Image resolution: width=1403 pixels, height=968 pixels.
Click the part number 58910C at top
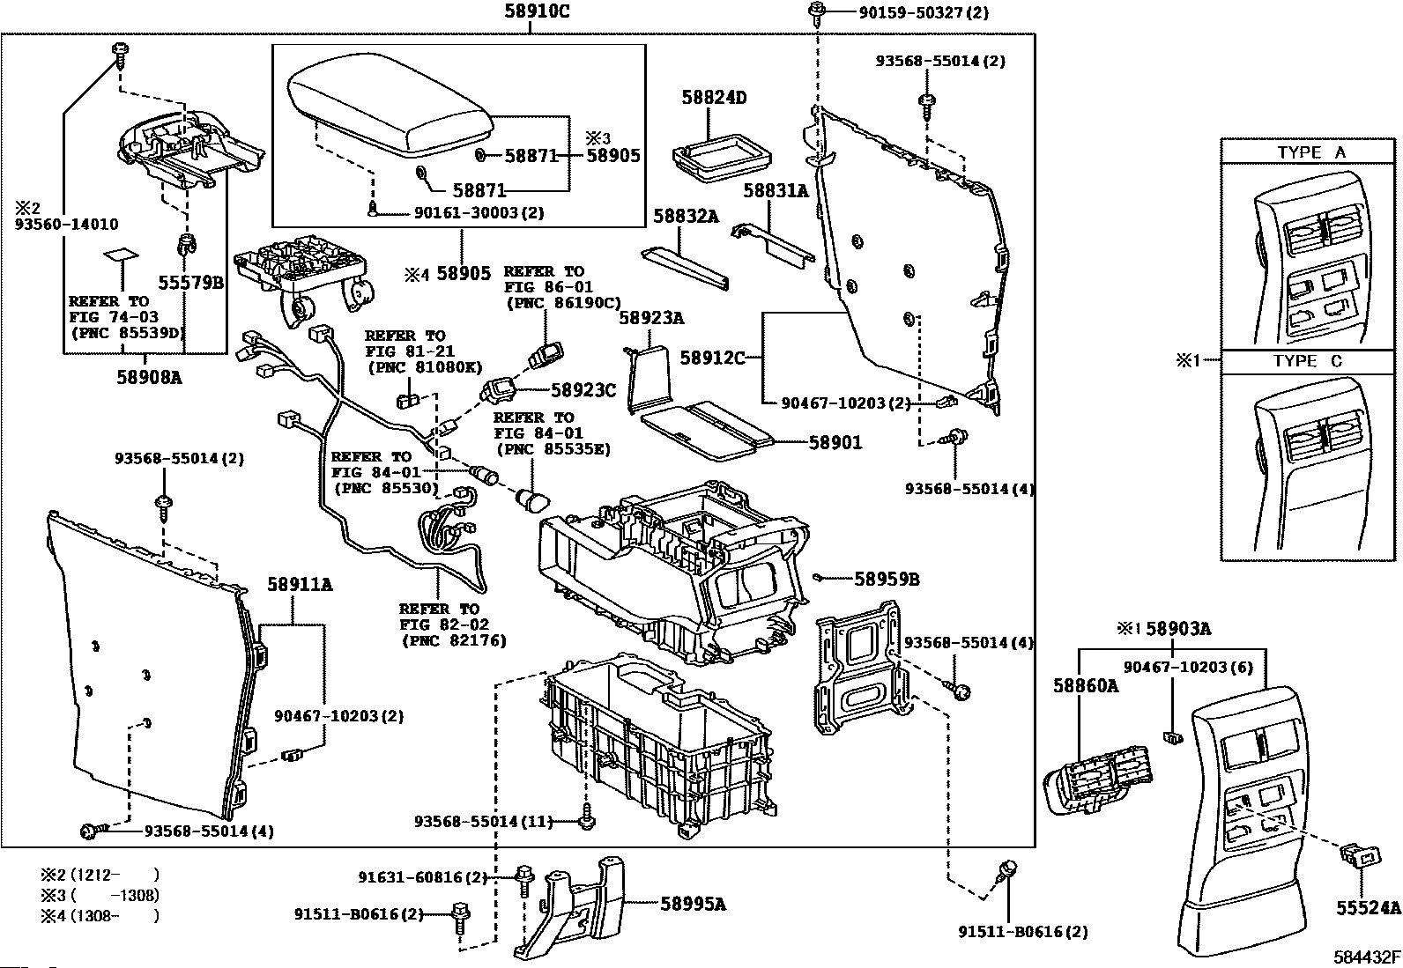click(x=537, y=11)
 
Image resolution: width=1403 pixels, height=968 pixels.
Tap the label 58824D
click(x=714, y=97)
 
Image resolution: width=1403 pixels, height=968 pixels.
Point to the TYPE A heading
click(x=1311, y=152)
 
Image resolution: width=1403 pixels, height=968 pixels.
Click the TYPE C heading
click(x=1308, y=361)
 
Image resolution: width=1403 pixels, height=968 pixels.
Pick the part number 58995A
click(x=694, y=904)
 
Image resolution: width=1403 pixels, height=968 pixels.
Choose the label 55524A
click(x=1368, y=908)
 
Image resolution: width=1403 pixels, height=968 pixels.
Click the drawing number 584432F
click(x=1367, y=957)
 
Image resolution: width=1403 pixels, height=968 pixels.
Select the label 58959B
click(x=887, y=580)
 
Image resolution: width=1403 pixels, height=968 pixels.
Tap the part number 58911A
click(x=300, y=584)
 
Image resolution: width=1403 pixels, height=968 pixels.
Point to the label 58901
click(x=835, y=442)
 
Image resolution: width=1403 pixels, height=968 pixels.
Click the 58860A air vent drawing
click(x=1096, y=780)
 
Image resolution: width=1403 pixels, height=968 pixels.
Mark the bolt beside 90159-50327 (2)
click(x=817, y=12)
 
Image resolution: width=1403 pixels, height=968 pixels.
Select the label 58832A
click(x=686, y=216)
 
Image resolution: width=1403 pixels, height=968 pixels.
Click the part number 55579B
click(x=190, y=283)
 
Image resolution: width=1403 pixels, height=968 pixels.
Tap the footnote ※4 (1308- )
click(x=100, y=916)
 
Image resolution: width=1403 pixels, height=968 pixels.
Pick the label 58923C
click(x=583, y=390)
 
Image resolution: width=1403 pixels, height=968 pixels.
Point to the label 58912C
click(x=713, y=358)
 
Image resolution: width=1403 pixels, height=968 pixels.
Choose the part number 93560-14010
click(x=66, y=224)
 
